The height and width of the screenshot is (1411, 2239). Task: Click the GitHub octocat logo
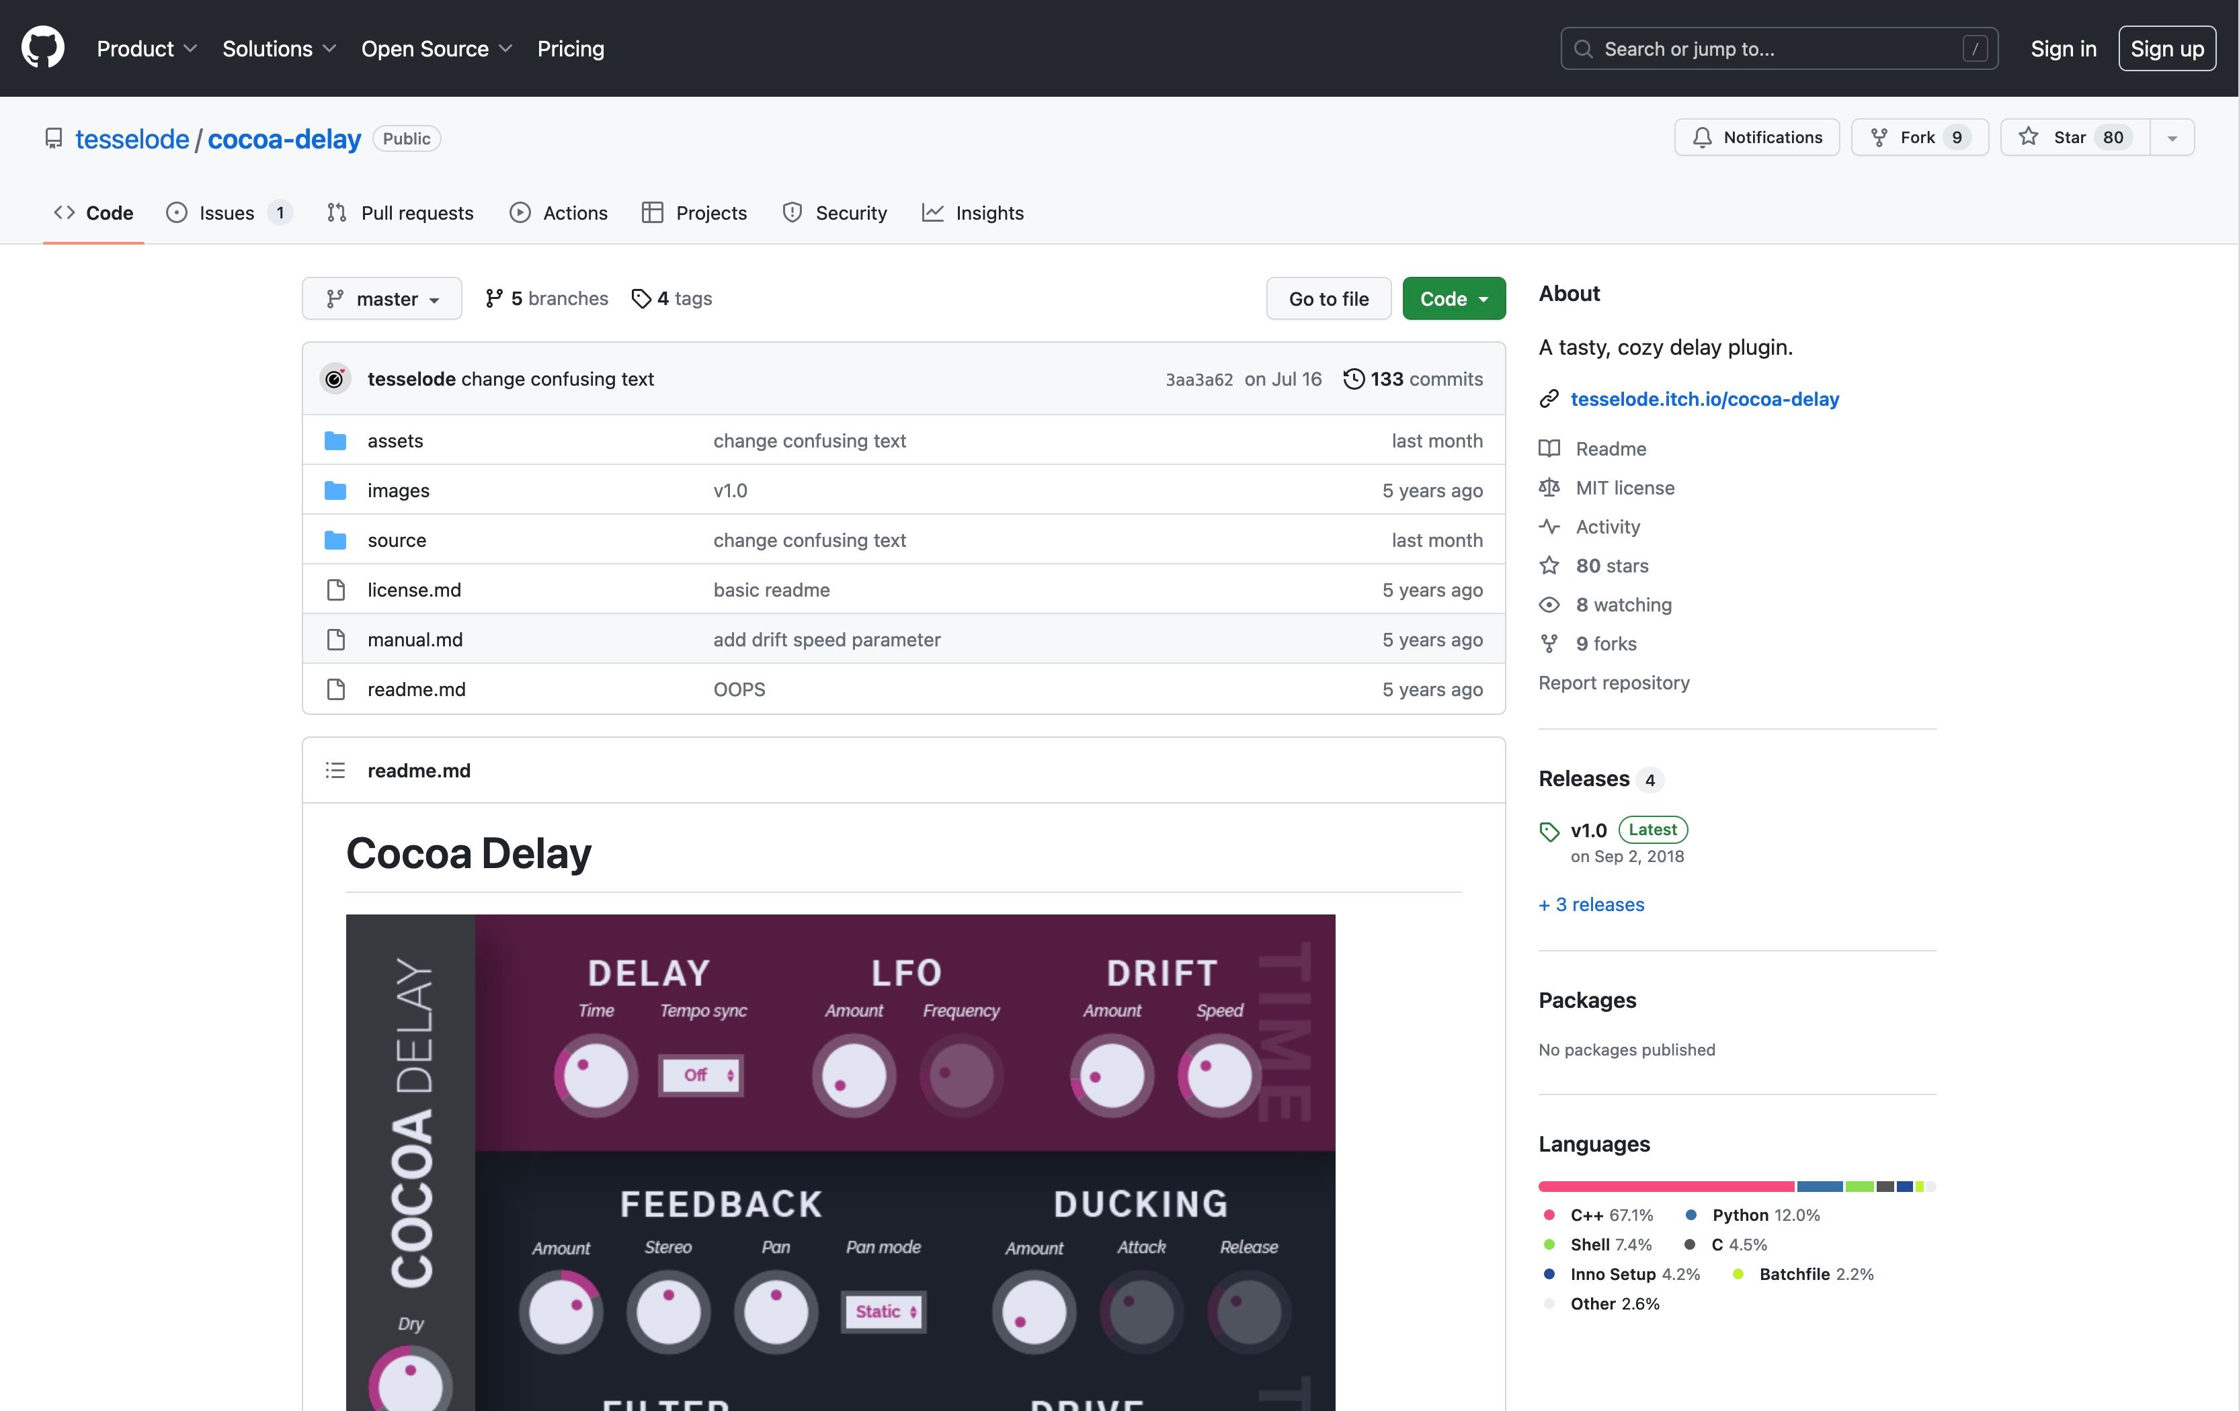(43, 48)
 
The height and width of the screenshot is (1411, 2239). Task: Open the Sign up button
(2166, 48)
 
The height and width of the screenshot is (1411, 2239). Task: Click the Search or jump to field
(1778, 48)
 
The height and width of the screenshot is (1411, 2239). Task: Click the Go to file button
(1328, 298)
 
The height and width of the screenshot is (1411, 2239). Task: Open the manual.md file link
(415, 640)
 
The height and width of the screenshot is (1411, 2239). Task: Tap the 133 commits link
(1414, 379)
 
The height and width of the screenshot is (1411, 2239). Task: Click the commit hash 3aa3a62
(1198, 379)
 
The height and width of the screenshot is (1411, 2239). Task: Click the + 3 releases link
(1591, 904)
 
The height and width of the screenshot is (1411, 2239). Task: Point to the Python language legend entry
(1753, 1215)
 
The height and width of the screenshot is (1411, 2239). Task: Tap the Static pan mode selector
(883, 1312)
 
